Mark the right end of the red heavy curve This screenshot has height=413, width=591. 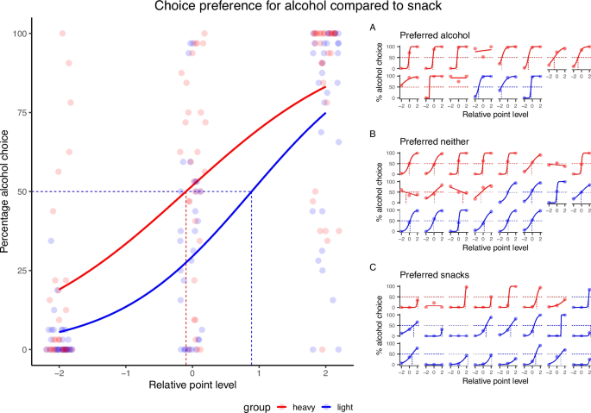point(325,86)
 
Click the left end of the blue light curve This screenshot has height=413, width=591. point(59,331)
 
